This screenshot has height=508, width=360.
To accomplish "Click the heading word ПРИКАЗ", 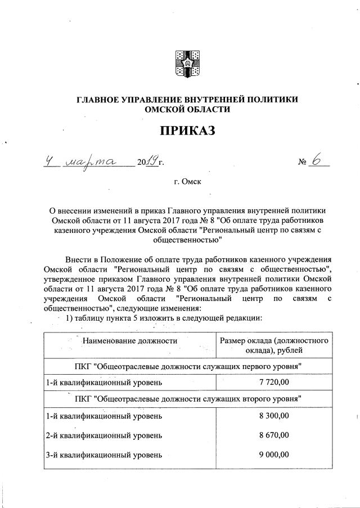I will [x=188, y=132].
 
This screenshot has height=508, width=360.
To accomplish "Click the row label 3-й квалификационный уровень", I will [x=105, y=455].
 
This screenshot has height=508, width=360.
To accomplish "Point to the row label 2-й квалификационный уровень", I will [x=105, y=435].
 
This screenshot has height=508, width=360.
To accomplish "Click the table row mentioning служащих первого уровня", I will [x=188, y=366].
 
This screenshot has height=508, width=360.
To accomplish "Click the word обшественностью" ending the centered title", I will [x=188, y=240].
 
